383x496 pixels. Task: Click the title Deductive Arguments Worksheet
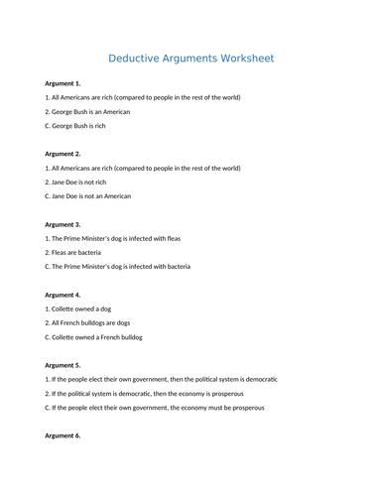point(191,58)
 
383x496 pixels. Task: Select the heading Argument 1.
point(63,83)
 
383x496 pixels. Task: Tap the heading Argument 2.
point(63,154)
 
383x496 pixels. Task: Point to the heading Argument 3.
point(63,224)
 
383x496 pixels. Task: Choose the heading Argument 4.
point(63,295)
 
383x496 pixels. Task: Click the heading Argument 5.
point(63,365)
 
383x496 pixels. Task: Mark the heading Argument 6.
point(63,435)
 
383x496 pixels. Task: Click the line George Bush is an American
point(87,111)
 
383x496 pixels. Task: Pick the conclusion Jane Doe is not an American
point(88,195)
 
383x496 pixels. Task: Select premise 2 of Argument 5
point(142,393)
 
